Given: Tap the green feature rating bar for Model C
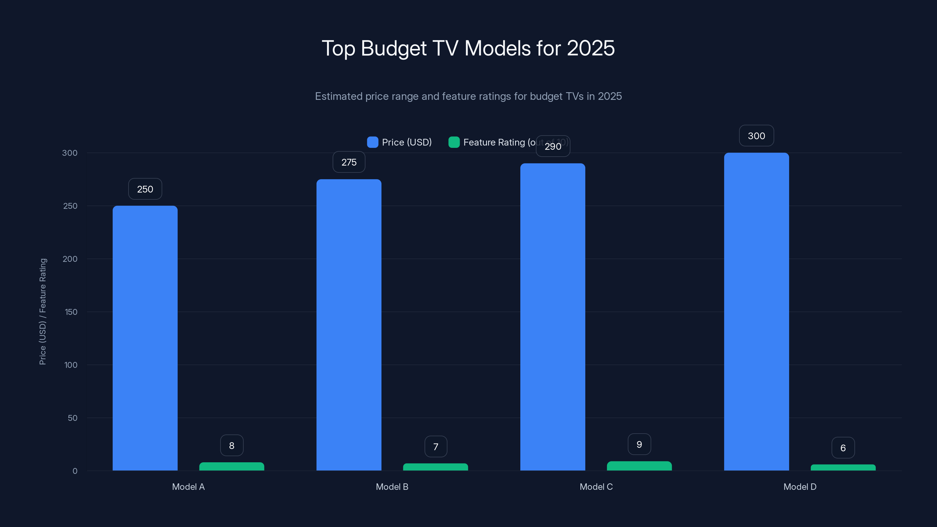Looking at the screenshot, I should [639, 466].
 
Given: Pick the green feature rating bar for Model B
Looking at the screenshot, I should [435, 467].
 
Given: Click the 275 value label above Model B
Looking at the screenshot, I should [349, 162].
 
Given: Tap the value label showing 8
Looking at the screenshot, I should [232, 446].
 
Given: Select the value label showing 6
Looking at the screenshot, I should [843, 448].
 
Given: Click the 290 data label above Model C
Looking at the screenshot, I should [553, 146].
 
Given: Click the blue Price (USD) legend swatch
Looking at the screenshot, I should [372, 142].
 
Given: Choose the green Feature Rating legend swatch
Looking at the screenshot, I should [454, 142].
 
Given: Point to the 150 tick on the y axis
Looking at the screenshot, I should [71, 312].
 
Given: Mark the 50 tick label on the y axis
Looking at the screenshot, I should [72, 418].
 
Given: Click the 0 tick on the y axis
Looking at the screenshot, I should [75, 471].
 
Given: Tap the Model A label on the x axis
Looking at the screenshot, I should [188, 487].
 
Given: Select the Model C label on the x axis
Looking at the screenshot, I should [596, 487].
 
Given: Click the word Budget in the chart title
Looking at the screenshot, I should [393, 48].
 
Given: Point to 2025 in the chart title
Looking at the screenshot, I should [590, 48].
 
